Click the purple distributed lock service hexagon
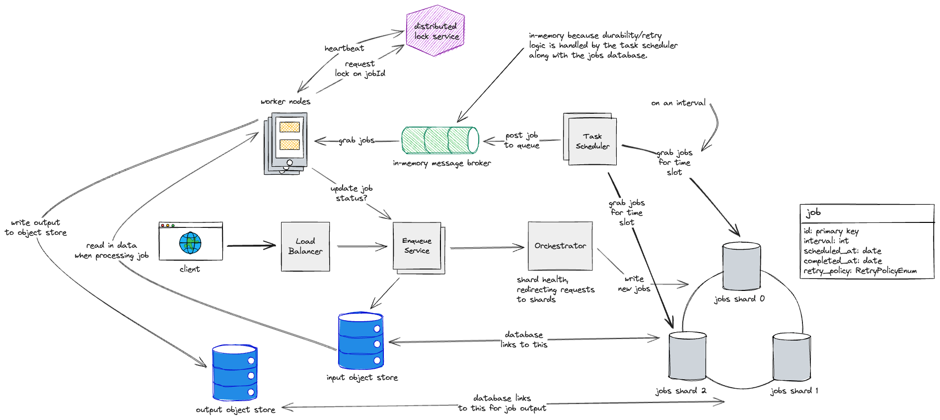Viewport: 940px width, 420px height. pos(435,31)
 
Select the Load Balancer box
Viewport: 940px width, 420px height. pos(305,246)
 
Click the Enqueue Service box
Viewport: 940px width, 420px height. pos(418,246)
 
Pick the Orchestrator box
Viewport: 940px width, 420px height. pos(560,246)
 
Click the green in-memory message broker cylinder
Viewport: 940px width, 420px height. pos(440,140)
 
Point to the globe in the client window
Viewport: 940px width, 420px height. pos(190,243)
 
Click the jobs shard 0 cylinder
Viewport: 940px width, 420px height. pos(741,266)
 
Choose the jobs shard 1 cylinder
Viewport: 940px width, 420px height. pos(792,357)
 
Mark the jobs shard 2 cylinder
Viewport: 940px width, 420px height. pos(687,356)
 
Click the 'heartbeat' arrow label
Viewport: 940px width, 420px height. pos(344,48)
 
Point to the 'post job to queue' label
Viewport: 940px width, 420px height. pos(521,140)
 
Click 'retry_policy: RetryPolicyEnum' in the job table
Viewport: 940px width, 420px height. pos(860,271)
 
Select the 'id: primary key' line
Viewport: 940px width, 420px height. pos(831,231)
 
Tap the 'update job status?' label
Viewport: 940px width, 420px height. pos(352,193)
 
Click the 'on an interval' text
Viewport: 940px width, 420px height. pos(678,103)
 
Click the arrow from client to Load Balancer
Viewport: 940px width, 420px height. pos(251,245)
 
